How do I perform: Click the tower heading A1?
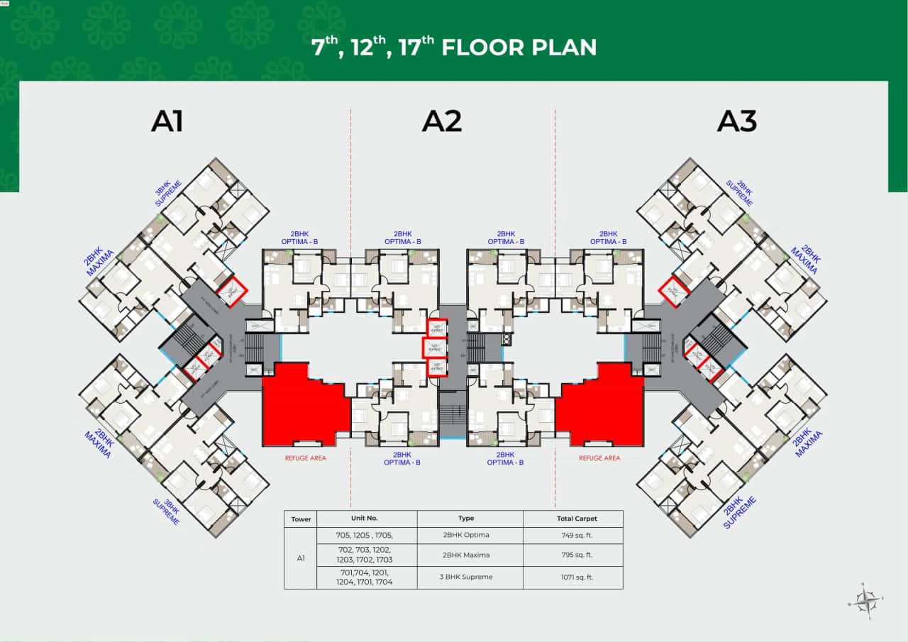point(167,121)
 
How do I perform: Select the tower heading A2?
point(442,121)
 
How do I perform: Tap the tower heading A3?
point(737,121)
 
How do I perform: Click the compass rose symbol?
point(865,602)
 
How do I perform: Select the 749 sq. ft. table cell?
point(572,535)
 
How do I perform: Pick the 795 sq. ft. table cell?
point(572,555)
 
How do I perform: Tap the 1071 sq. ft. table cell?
point(572,577)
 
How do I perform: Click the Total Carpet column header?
point(572,519)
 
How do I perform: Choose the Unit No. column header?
point(366,519)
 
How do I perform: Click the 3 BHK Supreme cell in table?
point(470,577)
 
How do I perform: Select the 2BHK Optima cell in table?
point(470,535)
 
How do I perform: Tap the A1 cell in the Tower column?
point(300,558)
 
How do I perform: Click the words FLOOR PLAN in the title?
point(519,48)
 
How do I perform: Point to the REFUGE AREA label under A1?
point(306,458)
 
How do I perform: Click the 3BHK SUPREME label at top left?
point(168,193)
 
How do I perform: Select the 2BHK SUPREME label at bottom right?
point(739,512)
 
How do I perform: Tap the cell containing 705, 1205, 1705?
point(366,535)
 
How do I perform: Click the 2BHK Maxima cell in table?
point(470,555)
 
